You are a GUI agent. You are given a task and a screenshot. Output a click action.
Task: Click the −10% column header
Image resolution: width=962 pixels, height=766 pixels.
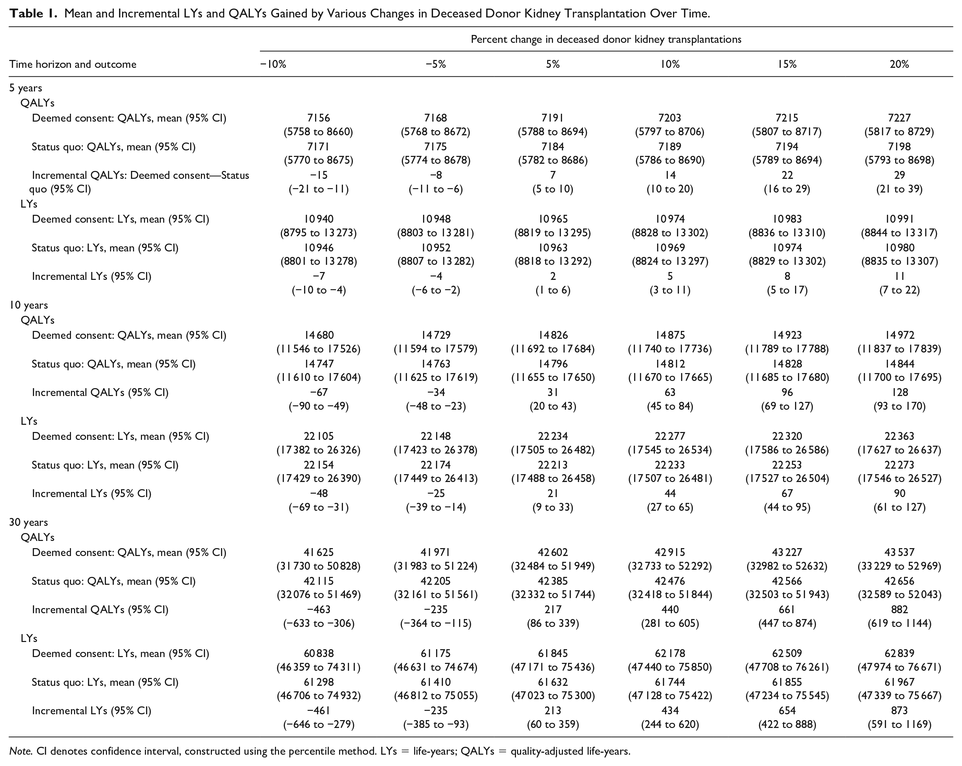point(273,64)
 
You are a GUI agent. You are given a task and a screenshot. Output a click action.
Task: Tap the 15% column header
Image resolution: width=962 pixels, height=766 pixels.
point(787,64)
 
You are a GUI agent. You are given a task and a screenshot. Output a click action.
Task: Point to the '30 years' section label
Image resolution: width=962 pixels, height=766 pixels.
point(28,522)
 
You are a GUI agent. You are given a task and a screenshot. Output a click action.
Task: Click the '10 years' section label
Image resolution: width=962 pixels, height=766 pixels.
point(28,305)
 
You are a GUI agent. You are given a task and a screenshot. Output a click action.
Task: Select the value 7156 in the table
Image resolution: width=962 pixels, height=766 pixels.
point(318,118)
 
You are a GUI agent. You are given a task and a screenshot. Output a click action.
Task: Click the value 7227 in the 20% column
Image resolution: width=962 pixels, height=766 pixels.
point(900,118)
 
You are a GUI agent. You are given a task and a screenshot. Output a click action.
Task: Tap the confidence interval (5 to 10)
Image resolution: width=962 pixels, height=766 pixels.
point(553,189)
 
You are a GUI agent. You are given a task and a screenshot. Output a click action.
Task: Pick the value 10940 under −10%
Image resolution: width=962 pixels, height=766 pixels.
point(318,219)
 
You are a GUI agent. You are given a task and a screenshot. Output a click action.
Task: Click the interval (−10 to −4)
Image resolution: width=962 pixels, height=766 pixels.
point(318,290)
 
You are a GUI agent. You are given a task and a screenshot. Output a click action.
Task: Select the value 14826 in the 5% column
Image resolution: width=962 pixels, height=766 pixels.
point(553,335)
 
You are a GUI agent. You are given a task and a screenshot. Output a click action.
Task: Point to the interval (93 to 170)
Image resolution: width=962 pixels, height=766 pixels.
point(900,406)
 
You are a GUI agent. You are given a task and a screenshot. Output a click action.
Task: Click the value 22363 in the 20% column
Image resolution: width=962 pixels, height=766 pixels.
point(900,436)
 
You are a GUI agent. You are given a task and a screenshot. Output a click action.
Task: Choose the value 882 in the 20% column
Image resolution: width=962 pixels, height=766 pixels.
point(900,609)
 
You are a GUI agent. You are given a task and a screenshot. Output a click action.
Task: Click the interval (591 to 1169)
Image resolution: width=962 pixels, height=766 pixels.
point(900,725)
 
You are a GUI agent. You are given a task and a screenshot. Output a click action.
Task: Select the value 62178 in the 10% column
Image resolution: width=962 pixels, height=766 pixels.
point(670,653)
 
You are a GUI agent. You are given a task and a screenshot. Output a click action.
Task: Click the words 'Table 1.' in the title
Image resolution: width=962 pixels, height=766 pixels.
point(34,13)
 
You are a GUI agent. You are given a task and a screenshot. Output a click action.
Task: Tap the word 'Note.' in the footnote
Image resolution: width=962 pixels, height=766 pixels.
point(21,751)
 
